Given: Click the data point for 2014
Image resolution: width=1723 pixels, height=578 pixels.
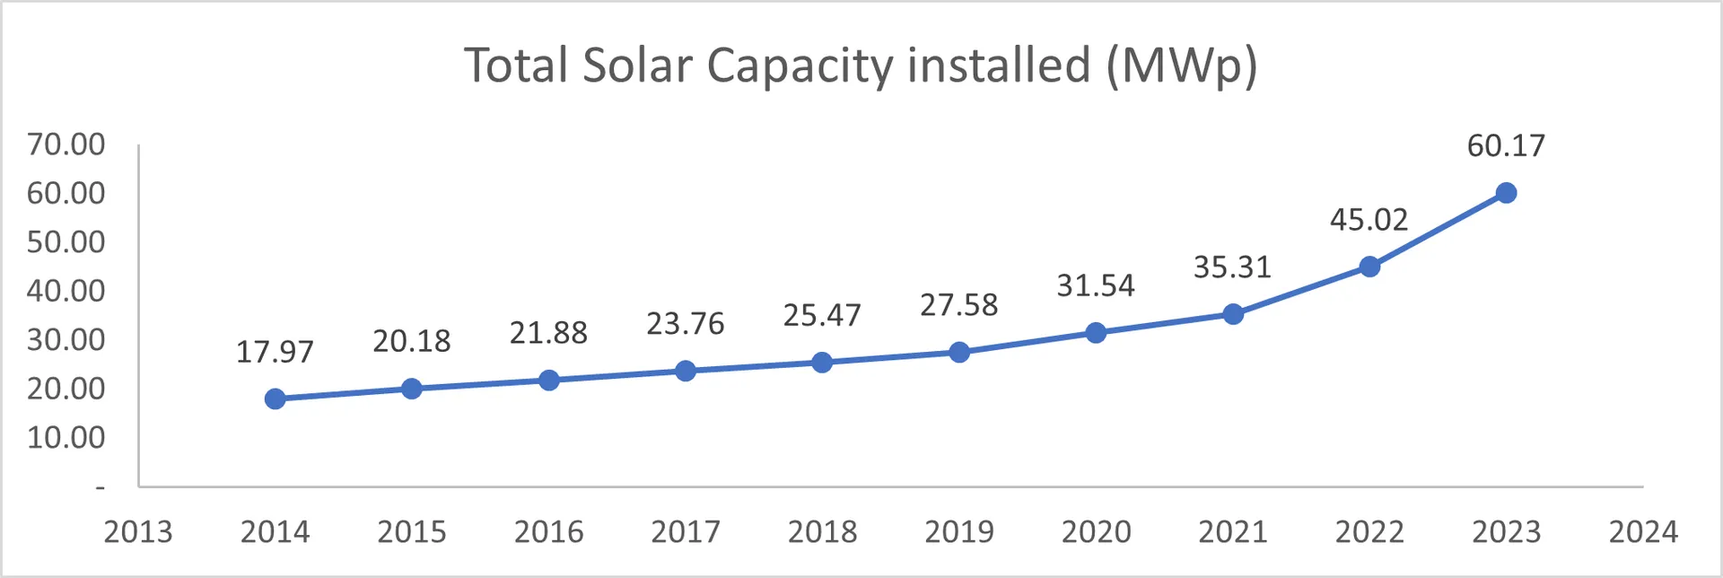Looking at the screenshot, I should pyautogui.click(x=276, y=398).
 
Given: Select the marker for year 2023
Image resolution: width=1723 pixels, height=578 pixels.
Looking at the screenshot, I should pyautogui.click(x=1506, y=193).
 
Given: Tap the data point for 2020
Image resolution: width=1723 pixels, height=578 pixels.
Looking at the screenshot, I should pyautogui.click(x=1096, y=333).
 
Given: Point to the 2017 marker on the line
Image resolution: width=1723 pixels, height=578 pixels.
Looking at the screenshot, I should pyautogui.click(x=686, y=371).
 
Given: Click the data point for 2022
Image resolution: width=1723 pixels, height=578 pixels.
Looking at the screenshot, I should pyautogui.click(x=1369, y=267).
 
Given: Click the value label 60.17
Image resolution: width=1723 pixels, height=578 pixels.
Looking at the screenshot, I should pyautogui.click(x=1506, y=145).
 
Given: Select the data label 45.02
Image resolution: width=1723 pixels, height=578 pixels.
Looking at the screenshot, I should pyautogui.click(x=1369, y=220).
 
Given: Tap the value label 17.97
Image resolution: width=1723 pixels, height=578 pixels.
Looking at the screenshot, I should pyautogui.click(x=275, y=352).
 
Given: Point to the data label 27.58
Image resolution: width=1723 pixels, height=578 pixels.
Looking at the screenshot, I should pyautogui.click(x=958, y=305).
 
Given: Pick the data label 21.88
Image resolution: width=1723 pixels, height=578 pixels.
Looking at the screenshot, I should pyautogui.click(x=548, y=333).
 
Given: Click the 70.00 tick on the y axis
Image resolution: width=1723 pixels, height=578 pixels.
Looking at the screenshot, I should pyautogui.click(x=66, y=144).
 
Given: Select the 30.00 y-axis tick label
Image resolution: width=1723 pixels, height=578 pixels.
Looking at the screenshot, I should pyautogui.click(x=66, y=339).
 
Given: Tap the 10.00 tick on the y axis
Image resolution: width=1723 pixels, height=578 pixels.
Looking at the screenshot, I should pyautogui.click(x=66, y=437).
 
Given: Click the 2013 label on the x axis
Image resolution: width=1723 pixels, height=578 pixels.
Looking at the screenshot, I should pyautogui.click(x=138, y=531).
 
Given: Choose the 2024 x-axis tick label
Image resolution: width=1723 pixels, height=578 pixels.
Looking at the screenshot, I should pyautogui.click(x=1643, y=531).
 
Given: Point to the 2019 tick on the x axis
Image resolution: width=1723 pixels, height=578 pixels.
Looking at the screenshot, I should pyautogui.click(x=959, y=531).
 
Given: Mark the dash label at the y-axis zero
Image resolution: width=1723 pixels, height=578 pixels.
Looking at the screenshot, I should pyautogui.click(x=101, y=487).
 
